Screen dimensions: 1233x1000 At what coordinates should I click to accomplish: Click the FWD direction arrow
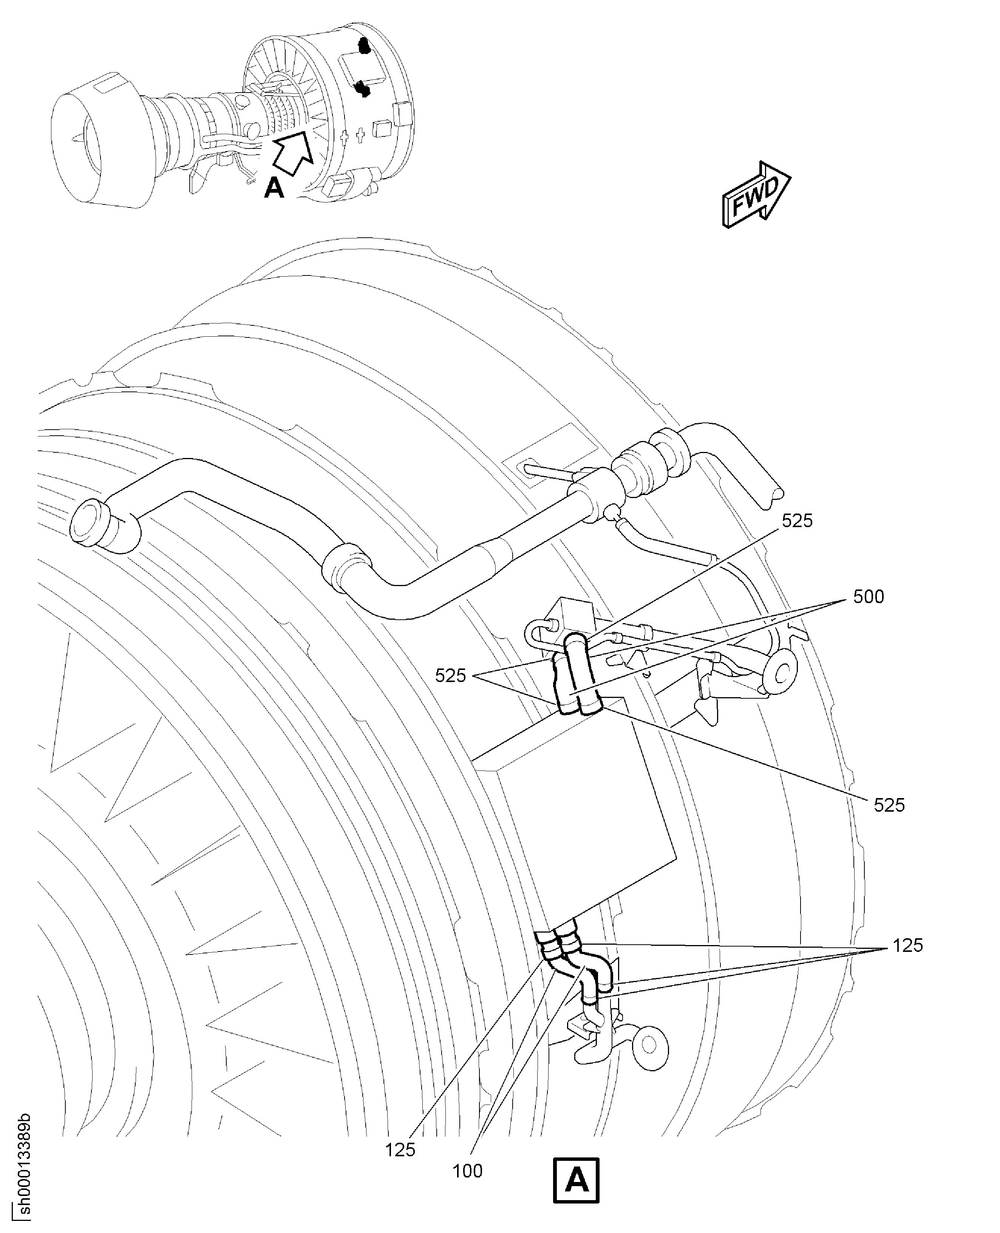tap(756, 195)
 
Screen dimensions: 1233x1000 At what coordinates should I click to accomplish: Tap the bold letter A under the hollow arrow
tap(274, 187)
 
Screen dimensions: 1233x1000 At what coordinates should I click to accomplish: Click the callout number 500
tap(868, 596)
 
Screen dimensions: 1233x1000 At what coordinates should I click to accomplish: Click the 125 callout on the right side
tap(908, 945)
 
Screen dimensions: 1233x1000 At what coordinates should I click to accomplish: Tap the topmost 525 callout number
tap(797, 521)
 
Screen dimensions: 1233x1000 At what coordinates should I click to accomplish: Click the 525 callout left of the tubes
tap(450, 675)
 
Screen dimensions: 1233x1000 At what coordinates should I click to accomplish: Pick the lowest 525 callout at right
tap(889, 806)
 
